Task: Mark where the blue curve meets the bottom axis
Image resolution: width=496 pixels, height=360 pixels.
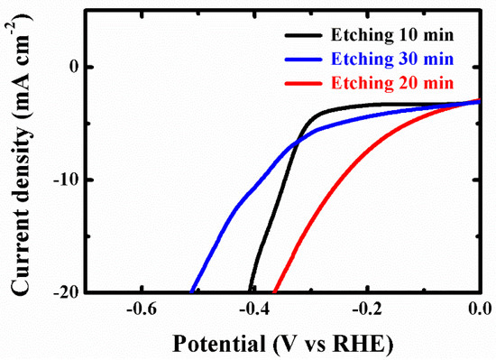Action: (192, 291)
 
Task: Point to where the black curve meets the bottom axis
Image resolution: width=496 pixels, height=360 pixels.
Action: (249, 291)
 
